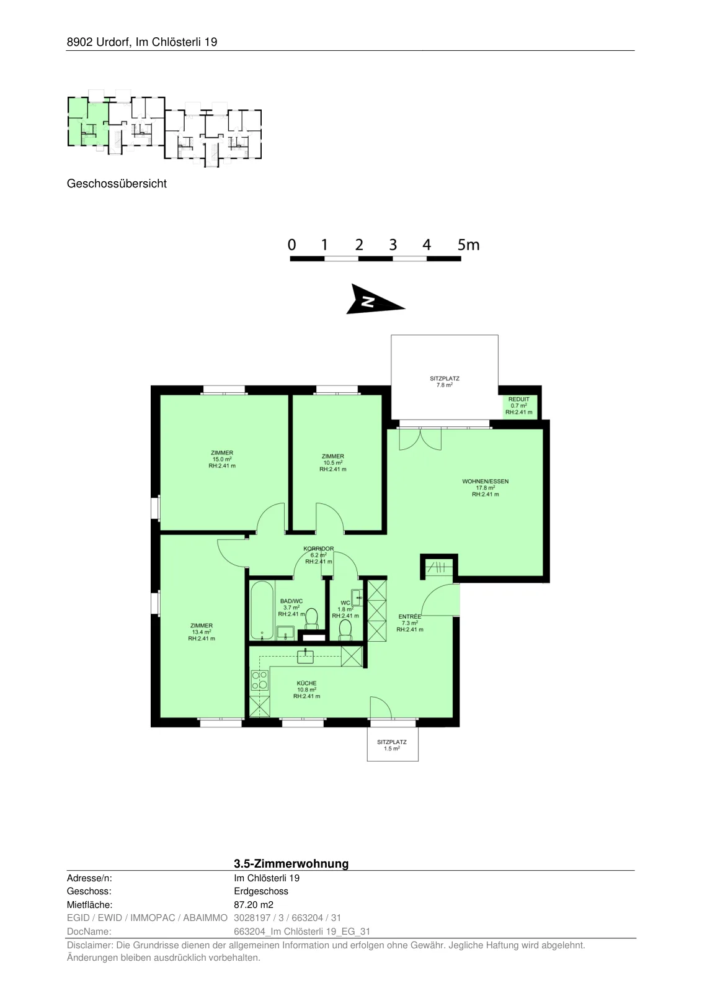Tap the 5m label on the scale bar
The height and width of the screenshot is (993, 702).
coord(468,245)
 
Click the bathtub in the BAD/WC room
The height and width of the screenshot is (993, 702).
coord(262,611)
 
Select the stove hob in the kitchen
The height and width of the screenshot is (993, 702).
coord(260,680)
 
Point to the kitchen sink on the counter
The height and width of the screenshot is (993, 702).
coord(305,655)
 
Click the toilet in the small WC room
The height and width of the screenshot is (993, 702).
coord(345,630)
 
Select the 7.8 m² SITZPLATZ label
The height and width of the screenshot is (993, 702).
coord(444,382)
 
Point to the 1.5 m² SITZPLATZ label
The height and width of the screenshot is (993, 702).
coord(392,745)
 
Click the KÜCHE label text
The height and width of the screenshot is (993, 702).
coord(306,683)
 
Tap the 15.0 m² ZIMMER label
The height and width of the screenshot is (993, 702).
coord(222,459)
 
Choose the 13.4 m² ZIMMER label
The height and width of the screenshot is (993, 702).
coord(202,632)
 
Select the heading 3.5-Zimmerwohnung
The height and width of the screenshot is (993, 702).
coord(291,863)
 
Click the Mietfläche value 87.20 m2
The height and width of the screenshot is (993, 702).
coord(254,905)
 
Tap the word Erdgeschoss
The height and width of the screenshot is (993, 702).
coord(261,891)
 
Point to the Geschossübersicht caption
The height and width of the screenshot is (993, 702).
coord(117,184)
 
